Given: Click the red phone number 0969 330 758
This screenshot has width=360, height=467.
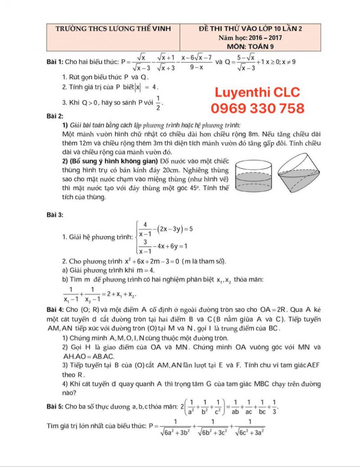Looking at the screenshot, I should click(x=257, y=108).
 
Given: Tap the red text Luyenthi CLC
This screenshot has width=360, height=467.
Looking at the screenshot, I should click(x=257, y=93).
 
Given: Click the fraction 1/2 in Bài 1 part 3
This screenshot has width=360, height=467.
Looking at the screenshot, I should click(x=158, y=103).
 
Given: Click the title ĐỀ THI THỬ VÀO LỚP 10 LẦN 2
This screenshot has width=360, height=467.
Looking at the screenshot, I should click(x=250, y=29).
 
